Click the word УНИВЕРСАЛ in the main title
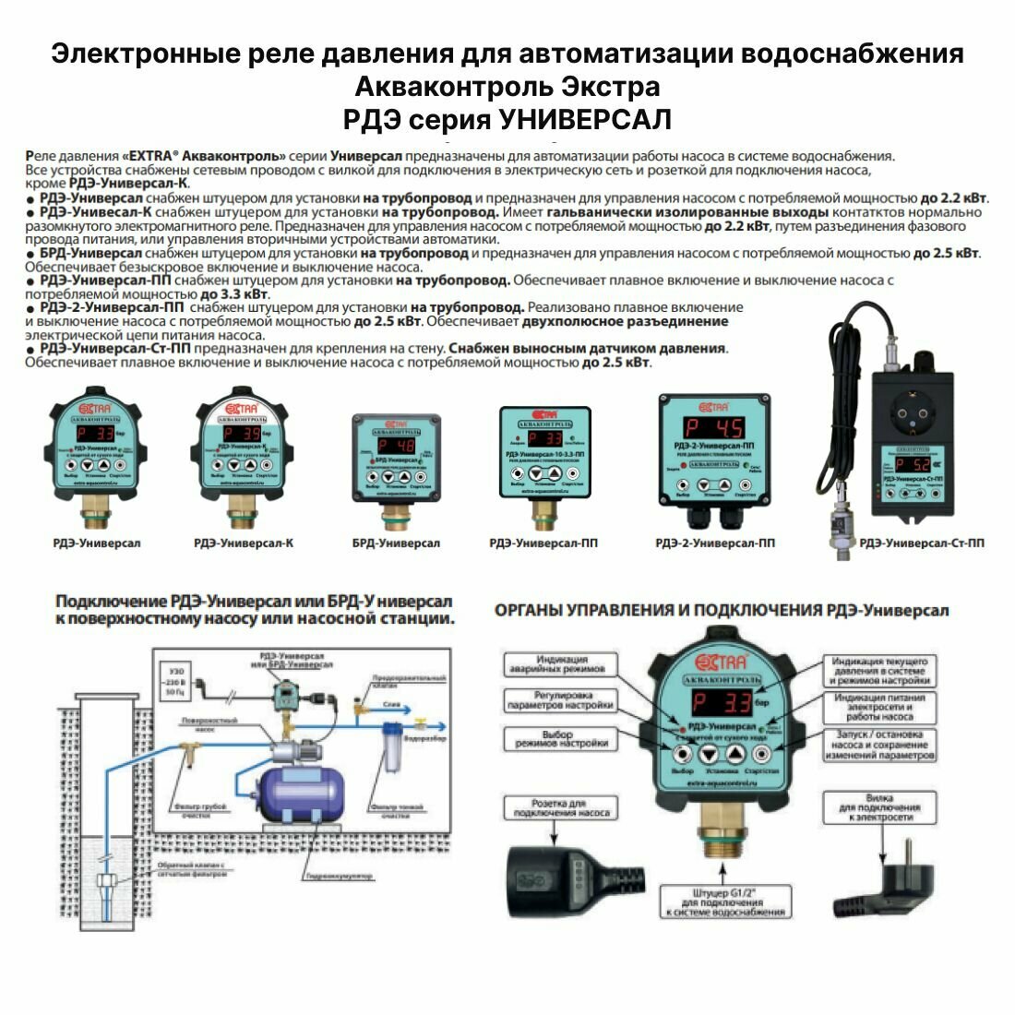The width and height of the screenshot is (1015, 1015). click(x=585, y=120)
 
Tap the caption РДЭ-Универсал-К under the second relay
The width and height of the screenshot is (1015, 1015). click(x=244, y=543)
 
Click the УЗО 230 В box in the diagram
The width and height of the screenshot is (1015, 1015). click(x=173, y=679)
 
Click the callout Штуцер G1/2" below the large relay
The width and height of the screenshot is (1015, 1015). click(x=724, y=900)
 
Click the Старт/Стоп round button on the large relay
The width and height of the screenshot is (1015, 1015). click(x=762, y=751)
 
